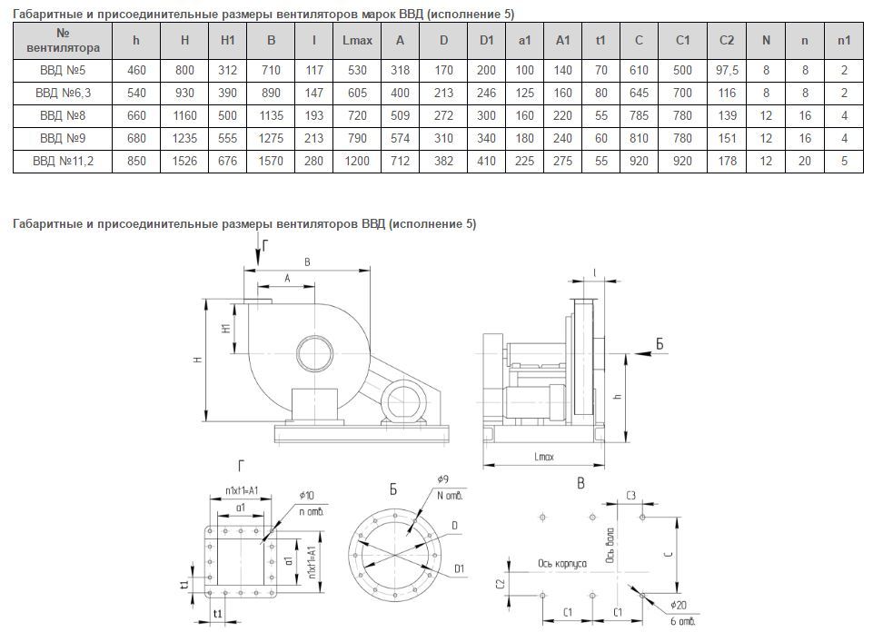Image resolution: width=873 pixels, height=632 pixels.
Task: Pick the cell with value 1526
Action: (x=184, y=161)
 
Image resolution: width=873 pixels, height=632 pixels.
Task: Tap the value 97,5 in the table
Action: (x=726, y=70)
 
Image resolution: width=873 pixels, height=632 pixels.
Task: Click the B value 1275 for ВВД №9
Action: (x=272, y=138)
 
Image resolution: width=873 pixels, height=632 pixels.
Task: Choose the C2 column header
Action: (x=726, y=40)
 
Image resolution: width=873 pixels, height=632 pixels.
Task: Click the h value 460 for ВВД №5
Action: (x=135, y=70)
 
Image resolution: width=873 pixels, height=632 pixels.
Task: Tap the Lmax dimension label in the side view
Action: (x=545, y=457)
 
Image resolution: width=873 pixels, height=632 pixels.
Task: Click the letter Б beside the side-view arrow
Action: (x=660, y=343)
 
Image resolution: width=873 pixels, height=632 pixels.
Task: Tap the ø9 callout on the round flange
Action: (x=442, y=479)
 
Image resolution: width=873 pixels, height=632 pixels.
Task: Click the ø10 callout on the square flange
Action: (x=305, y=495)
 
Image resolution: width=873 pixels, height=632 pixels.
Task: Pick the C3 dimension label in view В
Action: (x=630, y=496)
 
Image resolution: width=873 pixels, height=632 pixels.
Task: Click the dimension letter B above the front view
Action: (x=307, y=262)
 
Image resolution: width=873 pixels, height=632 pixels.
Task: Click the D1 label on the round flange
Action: (x=460, y=568)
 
